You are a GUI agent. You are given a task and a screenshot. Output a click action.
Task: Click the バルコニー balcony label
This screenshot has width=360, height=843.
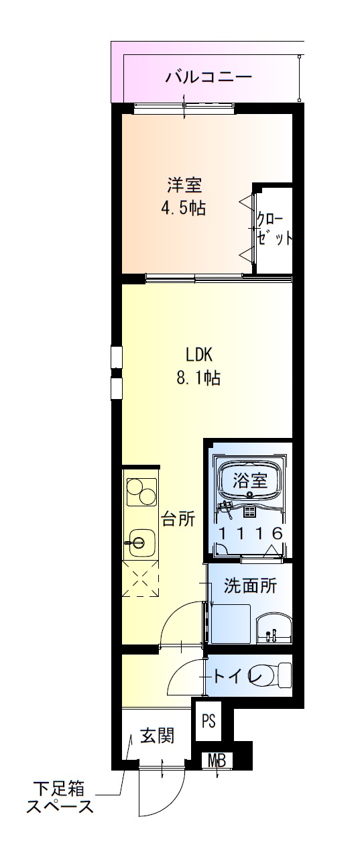pos(209,76)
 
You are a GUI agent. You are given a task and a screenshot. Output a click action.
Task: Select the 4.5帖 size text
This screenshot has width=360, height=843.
pos(182,208)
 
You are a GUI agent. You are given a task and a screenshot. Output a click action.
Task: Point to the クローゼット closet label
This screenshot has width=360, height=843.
pos(274,229)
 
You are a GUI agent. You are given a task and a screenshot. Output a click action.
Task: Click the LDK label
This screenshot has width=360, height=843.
pos(199,353)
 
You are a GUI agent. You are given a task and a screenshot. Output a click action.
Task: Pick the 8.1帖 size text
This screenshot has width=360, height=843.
pos(198,378)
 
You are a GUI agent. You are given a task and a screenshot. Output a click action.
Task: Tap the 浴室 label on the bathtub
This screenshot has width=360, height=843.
pos(250,480)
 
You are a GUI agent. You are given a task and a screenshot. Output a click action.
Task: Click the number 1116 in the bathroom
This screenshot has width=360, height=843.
pos(250,532)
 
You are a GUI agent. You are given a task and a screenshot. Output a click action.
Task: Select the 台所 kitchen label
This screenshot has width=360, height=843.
pos(178,518)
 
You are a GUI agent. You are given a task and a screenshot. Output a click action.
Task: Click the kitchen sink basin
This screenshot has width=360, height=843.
pos(139,541)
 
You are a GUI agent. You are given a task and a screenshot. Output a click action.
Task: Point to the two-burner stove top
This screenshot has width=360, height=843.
pos(139,492)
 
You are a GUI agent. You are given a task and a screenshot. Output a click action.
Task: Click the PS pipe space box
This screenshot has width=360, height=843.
pos(209,722)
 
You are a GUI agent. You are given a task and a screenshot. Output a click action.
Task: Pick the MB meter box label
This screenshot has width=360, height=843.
pos(217,761)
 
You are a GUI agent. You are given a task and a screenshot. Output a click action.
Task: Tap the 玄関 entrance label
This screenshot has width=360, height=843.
pos(157,736)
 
